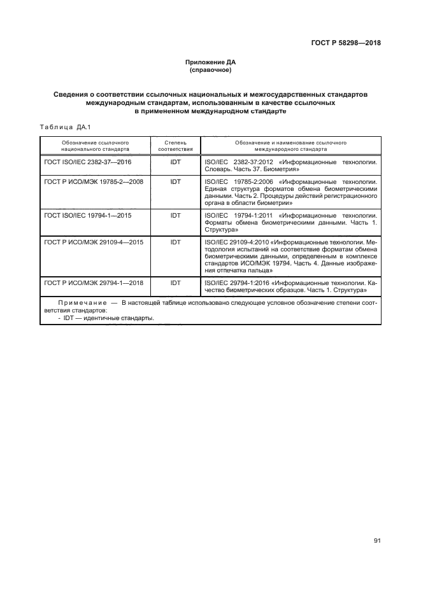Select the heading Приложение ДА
[210, 62]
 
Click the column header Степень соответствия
[175, 146]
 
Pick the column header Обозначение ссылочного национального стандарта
[96, 146]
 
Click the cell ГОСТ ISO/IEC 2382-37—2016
[88, 162]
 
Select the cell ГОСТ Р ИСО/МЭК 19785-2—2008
[92, 181]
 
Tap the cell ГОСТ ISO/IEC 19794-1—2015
[88, 216]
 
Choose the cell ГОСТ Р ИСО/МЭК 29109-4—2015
[92, 242]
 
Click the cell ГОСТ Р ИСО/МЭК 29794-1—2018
[92, 281]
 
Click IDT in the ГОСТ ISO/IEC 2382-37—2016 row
[176, 162]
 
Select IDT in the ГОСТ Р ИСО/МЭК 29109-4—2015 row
[176, 242]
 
